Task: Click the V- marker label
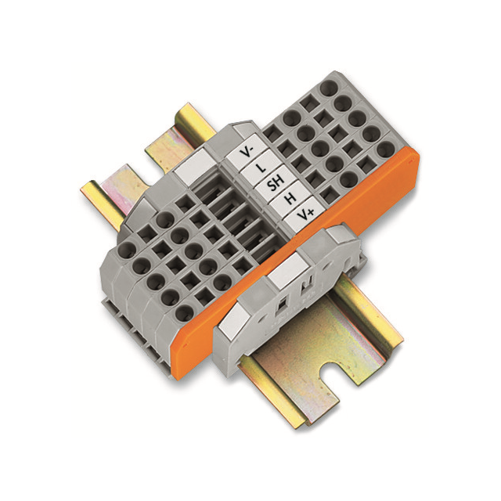tap(249, 149)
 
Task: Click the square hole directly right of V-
tap(270, 134)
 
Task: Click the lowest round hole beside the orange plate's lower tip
tap(185, 314)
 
